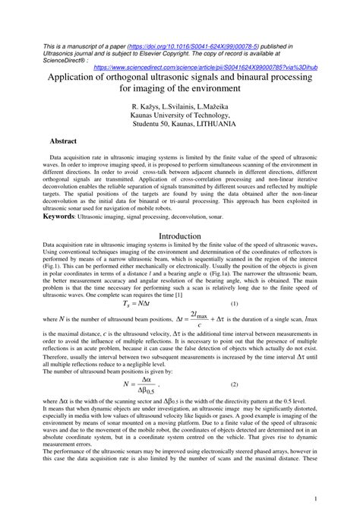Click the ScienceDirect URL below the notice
205,67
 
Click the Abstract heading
43,141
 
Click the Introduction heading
180,236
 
